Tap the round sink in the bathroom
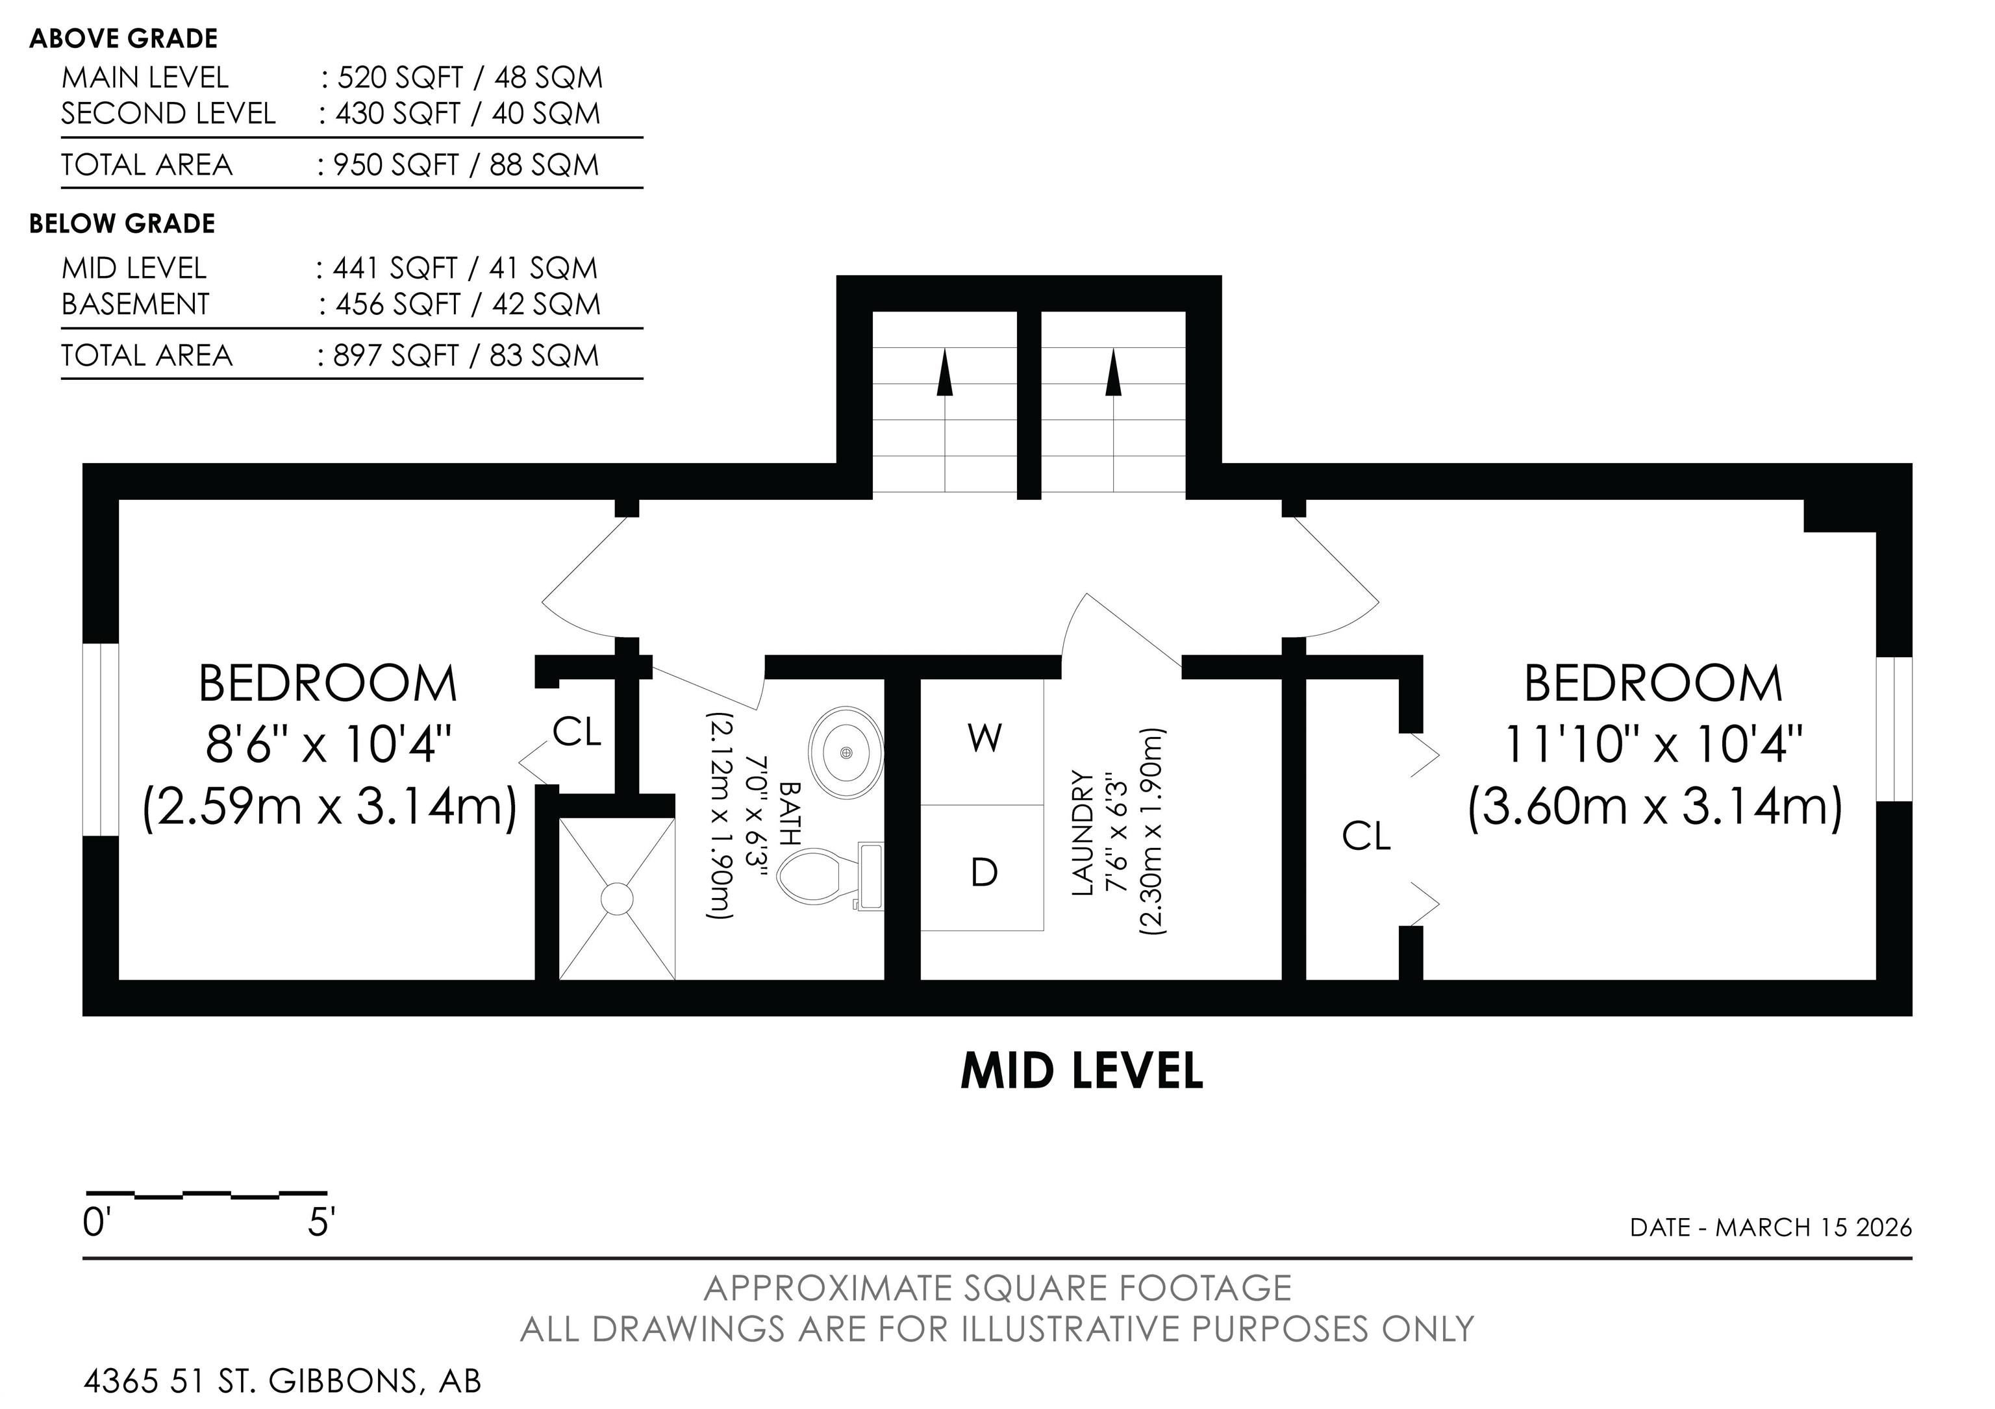pyautogui.click(x=846, y=751)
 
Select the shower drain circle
pyautogui.click(x=617, y=898)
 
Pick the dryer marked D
pyautogui.click(x=984, y=869)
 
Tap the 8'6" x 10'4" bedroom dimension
pyautogui.click(x=329, y=745)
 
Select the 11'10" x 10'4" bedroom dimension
pyautogui.click(x=1653, y=745)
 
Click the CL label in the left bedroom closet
pyautogui.click(x=577, y=732)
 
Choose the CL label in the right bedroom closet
pyautogui.click(x=1366, y=836)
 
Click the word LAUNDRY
pyautogui.click(x=1082, y=833)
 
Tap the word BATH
pyautogui.click(x=789, y=813)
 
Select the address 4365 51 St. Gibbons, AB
pyautogui.click(x=282, y=1380)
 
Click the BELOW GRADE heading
pyautogui.click(x=123, y=223)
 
